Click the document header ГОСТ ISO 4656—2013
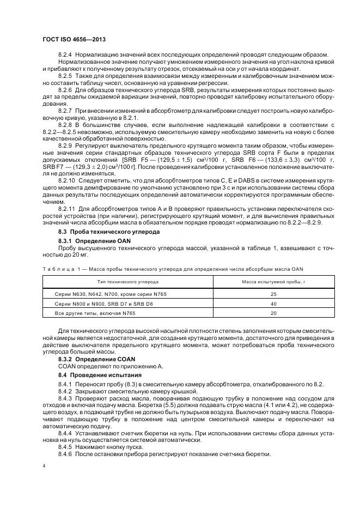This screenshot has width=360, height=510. tap(75, 40)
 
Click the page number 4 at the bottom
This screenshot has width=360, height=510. tap(44, 466)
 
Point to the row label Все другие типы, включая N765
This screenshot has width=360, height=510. tap(90, 313)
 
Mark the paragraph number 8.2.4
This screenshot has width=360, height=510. tap(65, 54)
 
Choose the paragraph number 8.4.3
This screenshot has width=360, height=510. tap(65, 400)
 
